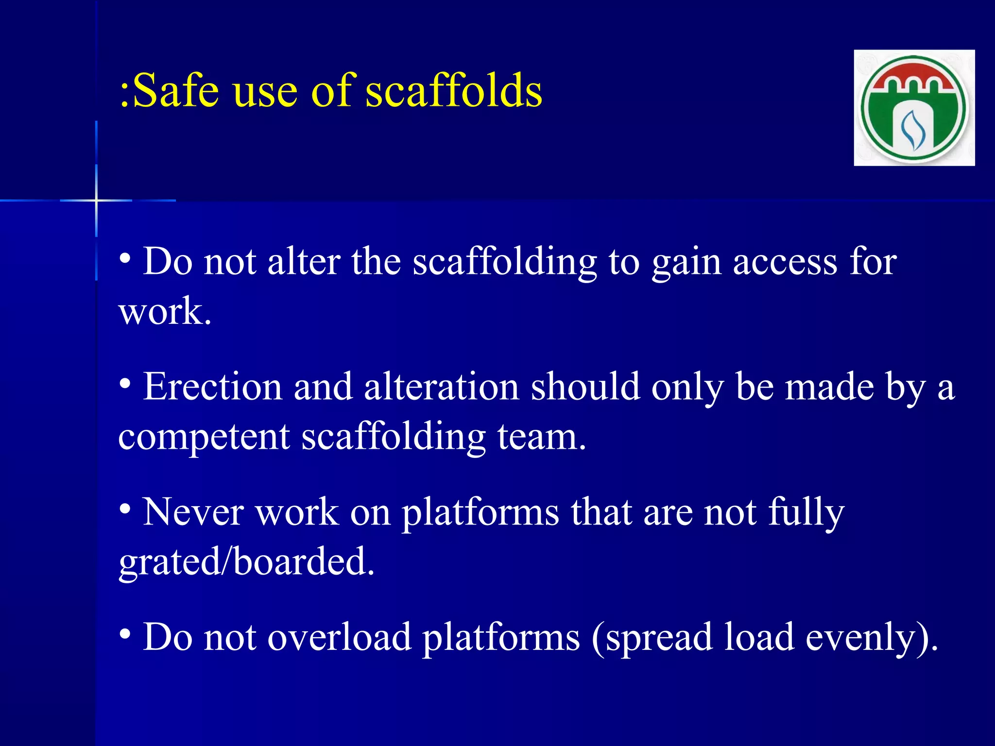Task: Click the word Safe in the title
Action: pyautogui.click(x=175, y=91)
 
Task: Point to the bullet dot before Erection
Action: pyautogui.click(x=125, y=384)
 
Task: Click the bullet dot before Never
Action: pyautogui.click(x=125, y=509)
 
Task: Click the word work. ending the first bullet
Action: pyautogui.click(x=165, y=312)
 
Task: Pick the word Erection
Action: pyautogui.click(x=212, y=387)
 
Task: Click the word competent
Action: pyautogui.click(x=204, y=437)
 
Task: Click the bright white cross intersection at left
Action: pyautogui.click(x=97, y=200)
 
